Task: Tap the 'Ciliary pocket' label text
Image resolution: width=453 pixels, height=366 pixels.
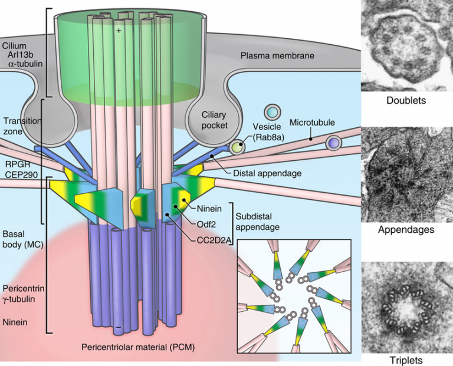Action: pyautogui.click(x=215, y=119)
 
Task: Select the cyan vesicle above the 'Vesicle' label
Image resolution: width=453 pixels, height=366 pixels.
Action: pyautogui.click(x=271, y=111)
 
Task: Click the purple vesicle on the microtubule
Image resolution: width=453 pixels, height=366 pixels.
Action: pyautogui.click(x=334, y=143)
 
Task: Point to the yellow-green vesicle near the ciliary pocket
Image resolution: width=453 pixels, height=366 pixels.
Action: pyautogui.click(x=238, y=147)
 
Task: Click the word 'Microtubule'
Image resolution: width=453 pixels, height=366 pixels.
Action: pyautogui.click(x=313, y=123)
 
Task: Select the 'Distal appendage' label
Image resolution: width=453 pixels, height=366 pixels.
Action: pyautogui.click(x=267, y=173)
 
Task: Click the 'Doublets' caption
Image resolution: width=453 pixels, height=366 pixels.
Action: pyautogui.click(x=406, y=100)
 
